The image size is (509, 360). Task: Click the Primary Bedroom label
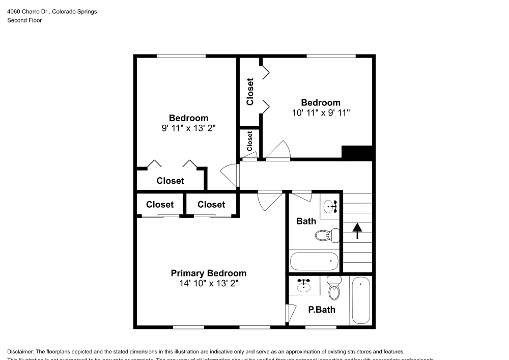click(x=208, y=273)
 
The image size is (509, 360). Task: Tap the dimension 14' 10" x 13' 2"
click(x=208, y=283)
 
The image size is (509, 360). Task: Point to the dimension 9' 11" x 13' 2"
click(x=188, y=128)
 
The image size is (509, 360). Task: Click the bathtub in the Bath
click(x=314, y=261)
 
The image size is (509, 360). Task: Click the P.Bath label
click(x=321, y=309)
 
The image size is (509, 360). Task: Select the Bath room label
click(x=306, y=221)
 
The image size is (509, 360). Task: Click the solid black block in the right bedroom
click(x=358, y=153)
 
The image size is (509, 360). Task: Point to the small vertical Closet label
click(x=250, y=141)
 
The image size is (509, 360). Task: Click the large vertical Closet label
click(x=250, y=92)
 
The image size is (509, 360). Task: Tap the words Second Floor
click(x=24, y=20)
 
